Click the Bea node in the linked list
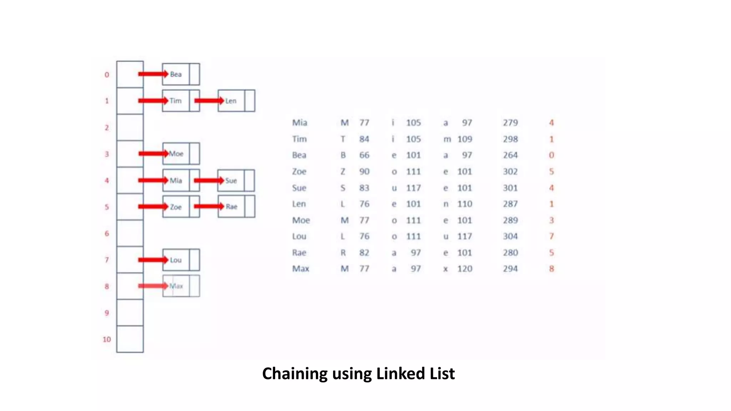tap(176, 74)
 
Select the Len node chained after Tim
tap(231, 101)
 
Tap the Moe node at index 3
tap(176, 154)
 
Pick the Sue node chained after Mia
tap(231, 181)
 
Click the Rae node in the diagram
tap(232, 207)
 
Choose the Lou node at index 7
tap(176, 260)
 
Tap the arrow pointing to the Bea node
tap(153, 74)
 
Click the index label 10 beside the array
tap(107, 339)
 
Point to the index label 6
tap(107, 234)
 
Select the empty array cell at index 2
tap(130, 127)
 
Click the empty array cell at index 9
tap(130, 313)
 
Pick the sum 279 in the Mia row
tap(510, 123)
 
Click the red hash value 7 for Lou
tap(551, 236)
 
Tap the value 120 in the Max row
tap(465, 269)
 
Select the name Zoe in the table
tap(299, 172)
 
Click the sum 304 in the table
tap(510, 236)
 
